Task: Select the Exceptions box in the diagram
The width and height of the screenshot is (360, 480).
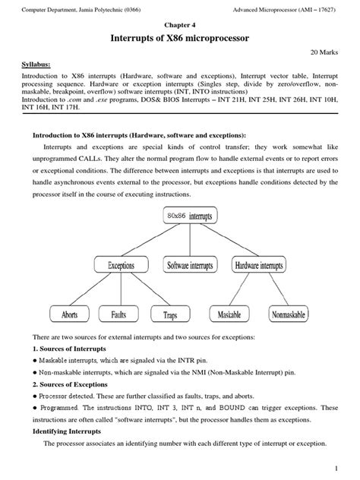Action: [x=121, y=266]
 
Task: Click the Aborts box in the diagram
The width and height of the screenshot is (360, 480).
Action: [x=69, y=313]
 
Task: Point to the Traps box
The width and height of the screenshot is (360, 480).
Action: [x=170, y=313]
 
